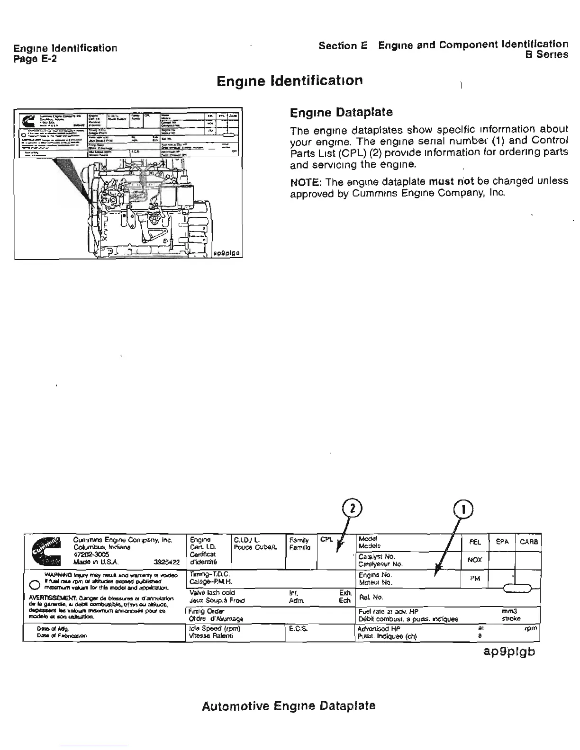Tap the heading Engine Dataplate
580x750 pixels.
click(x=341, y=113)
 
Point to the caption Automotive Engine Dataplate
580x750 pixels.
click(x=289, y=706)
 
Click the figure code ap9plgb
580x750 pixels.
click(x=509, y=652)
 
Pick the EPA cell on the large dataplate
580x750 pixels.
click(x=502, y=542)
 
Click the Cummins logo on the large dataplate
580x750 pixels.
click(x=47, y=551)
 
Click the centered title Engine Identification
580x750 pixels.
click(x=290, y=80)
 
